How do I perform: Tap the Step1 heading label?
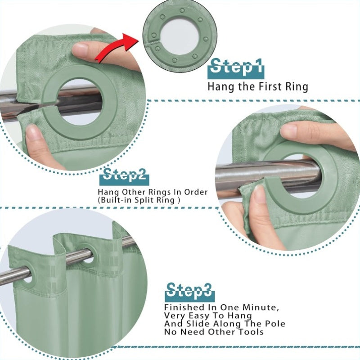coord(236,68)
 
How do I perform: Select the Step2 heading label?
coord(124,177)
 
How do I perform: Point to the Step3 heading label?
coord(189,292)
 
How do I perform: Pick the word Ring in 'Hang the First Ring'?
coord(296,87)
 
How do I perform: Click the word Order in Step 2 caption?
coord(196,192)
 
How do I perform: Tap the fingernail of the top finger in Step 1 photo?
coord(80,49)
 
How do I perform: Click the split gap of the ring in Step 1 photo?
coord(46,105)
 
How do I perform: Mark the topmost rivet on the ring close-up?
coord(183,11)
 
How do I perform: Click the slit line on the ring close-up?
coord(153,41)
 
